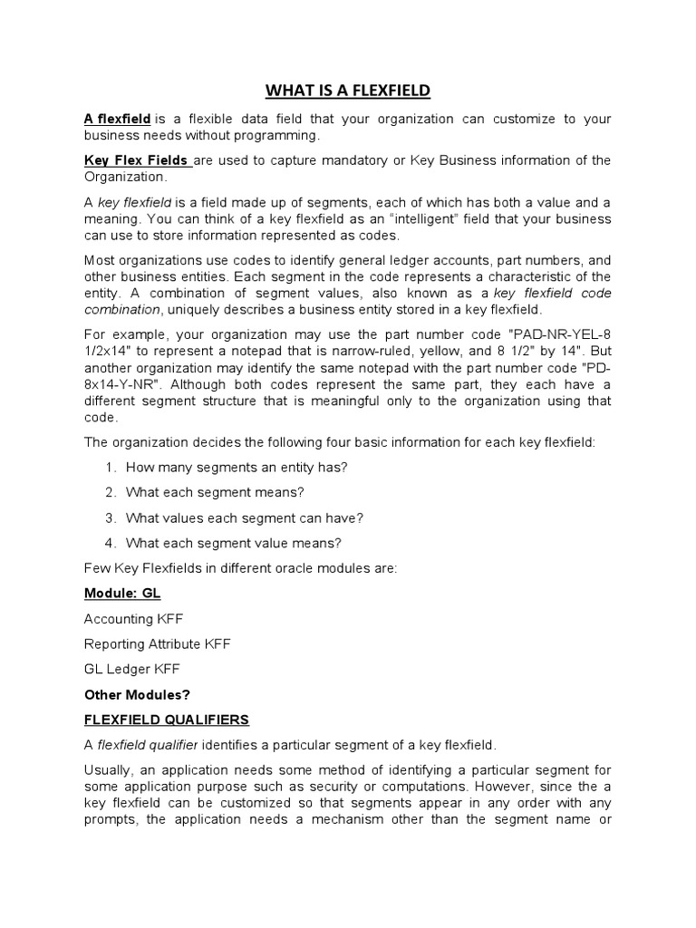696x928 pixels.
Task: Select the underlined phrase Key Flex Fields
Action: point(136,160)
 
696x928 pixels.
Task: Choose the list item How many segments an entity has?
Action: point(237,467)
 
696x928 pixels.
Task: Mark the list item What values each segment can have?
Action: point(245,517)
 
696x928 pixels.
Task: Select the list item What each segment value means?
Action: point(234,543)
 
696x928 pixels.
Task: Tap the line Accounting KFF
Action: point(132,619)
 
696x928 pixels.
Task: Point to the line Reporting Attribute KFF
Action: point(157,643)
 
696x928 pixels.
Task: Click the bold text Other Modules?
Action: point(137,694)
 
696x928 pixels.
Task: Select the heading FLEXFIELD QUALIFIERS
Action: point(166,720)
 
